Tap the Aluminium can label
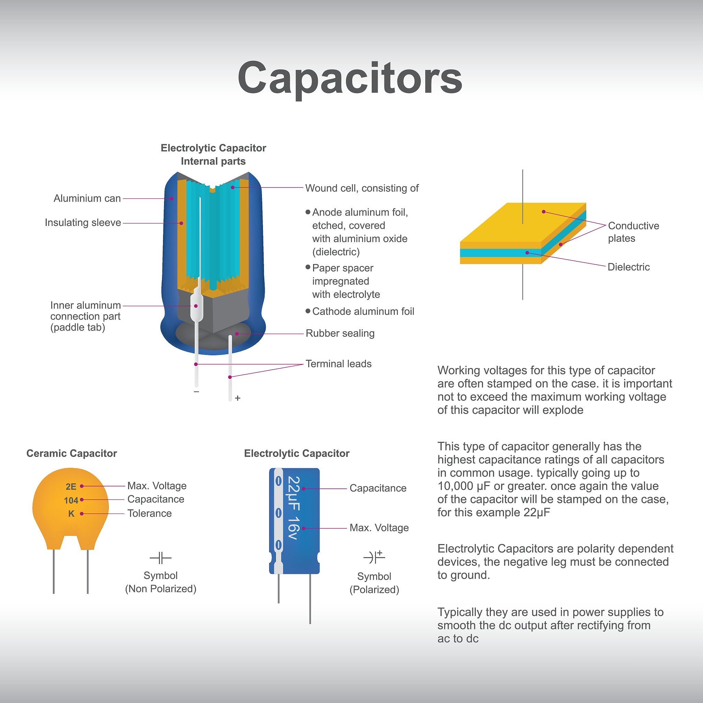coord(87,198)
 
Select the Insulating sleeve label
coord(83,222)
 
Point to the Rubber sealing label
coord(340,333)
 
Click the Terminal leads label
coord(338,364)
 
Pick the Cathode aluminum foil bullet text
coord(363,311)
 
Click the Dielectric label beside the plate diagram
coord(629,267)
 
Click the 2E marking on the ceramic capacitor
coord(71,486)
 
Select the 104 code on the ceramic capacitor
coord(71,500)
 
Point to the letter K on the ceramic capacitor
coord(71,514)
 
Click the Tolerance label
coord(150,514)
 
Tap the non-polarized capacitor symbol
coord(160,558)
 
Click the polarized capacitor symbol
coord(374,557)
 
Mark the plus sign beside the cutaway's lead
coord(238,398)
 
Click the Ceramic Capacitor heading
coord(72,453)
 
